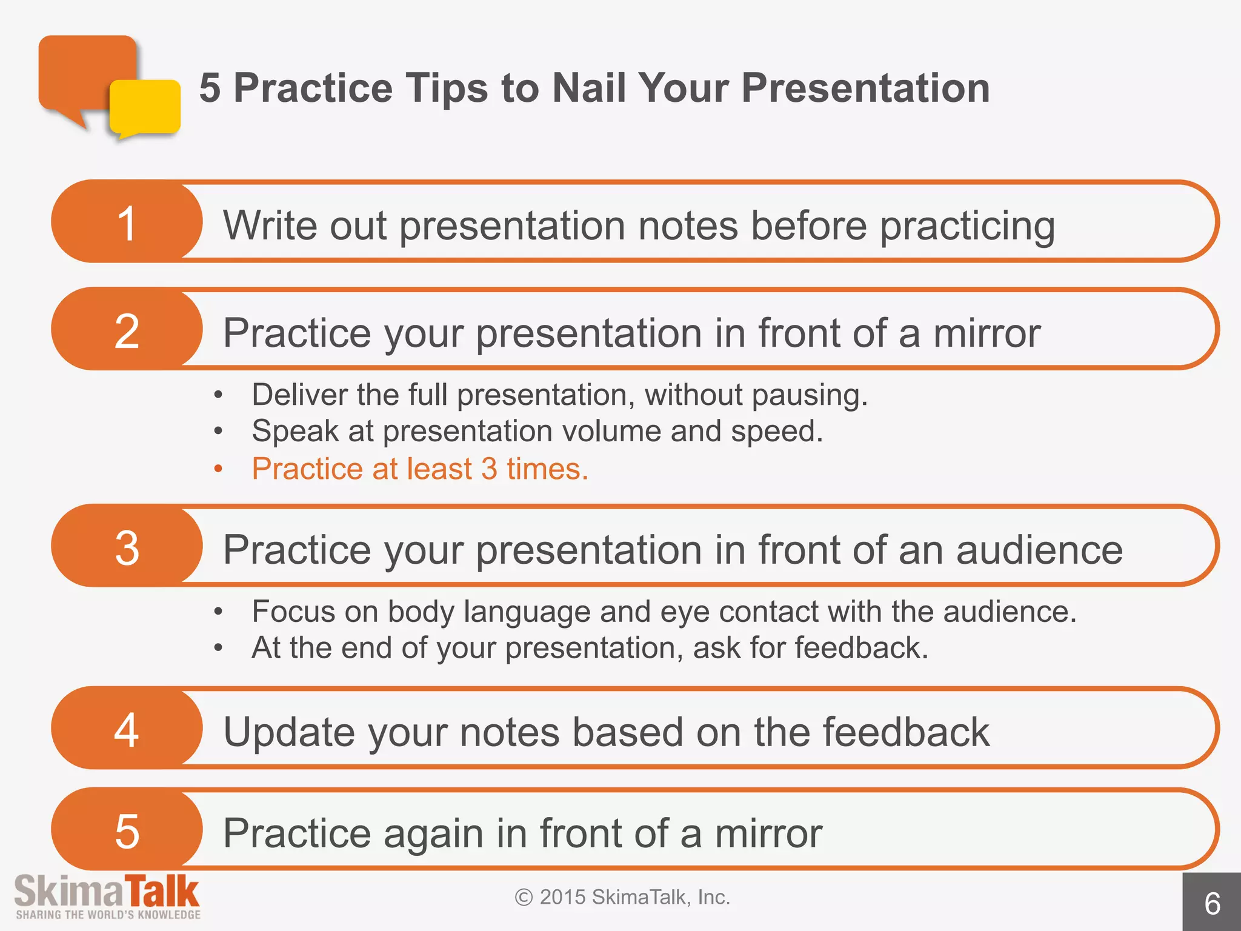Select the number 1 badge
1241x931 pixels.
127,222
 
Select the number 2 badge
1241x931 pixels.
127,330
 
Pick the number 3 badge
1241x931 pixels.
127,547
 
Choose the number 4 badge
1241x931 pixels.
127,729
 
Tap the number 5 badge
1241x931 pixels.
127,830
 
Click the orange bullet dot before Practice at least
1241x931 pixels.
218,469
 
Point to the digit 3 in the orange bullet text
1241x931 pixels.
489,469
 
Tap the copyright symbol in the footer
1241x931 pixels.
524,897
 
